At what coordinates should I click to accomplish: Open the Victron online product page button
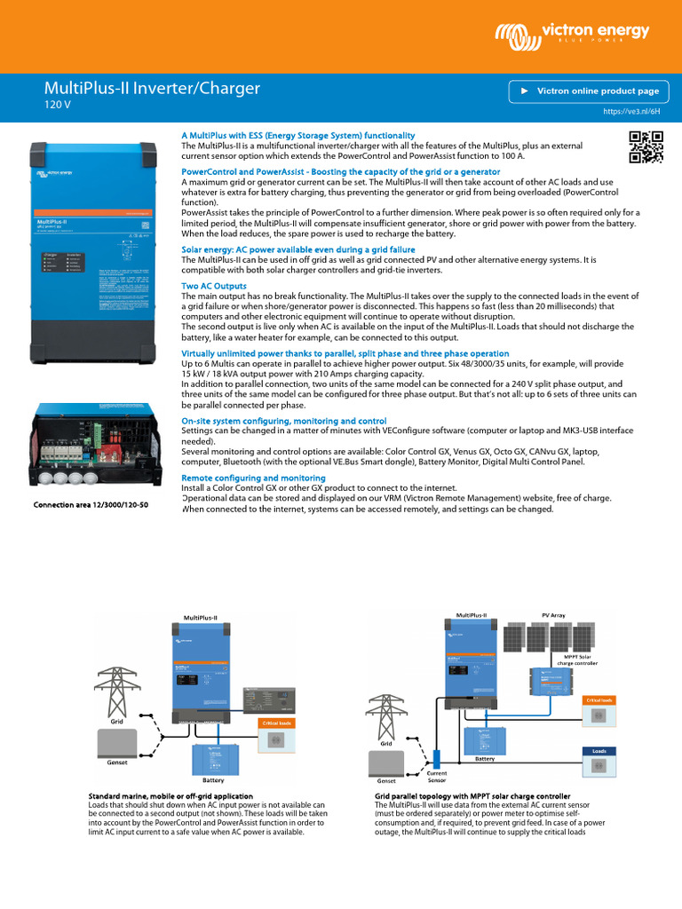586,91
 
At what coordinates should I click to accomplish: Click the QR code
646,146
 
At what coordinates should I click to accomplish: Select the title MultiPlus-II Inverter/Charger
152,88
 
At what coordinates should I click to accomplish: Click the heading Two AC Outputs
214,287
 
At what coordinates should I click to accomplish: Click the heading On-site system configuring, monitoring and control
283,420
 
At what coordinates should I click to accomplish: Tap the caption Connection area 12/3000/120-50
91,505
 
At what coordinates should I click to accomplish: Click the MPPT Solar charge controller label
577,659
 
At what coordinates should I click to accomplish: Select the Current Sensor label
437,778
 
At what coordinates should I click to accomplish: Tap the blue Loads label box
599,751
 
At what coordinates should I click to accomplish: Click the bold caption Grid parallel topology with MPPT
472,796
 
